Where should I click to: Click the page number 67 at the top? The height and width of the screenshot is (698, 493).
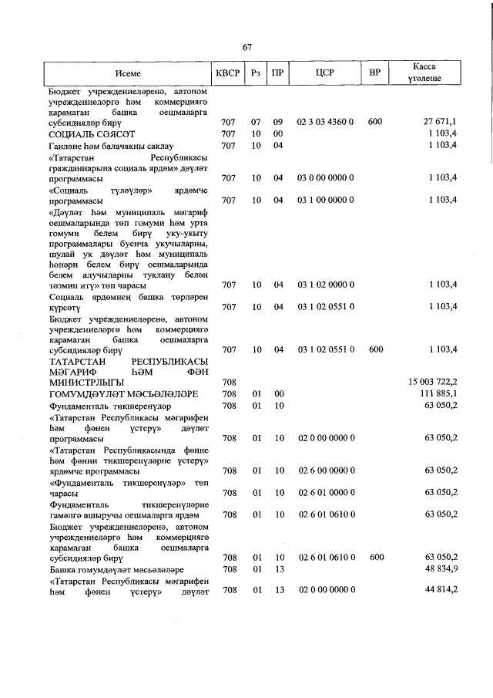(x=247, y=47)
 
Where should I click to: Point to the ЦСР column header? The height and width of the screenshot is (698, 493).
(x=325, y=73)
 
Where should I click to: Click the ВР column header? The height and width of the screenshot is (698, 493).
(x=375, y=73)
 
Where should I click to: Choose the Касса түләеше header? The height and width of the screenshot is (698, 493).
(x=426, y=73)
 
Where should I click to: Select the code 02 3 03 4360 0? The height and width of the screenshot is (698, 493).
(x=325, y=122)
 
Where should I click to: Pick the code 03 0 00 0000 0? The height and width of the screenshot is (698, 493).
(x=325, y=178)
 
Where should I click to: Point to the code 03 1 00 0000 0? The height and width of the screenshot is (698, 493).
(x=325, y=201)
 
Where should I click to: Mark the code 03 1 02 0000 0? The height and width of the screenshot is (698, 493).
(x=325, y=285)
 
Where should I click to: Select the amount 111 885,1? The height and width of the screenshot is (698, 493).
(x=437, y=393)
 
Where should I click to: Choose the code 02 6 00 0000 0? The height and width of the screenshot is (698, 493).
(x=325, y=470)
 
